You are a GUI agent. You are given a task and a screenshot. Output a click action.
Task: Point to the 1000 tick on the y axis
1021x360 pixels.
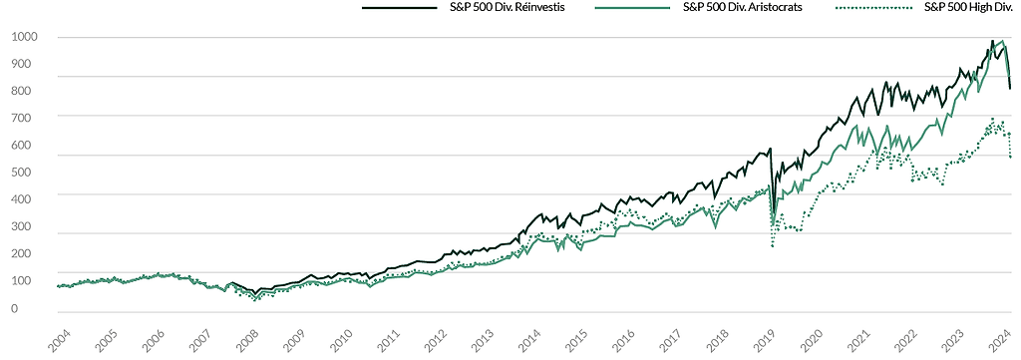tap(25, 37)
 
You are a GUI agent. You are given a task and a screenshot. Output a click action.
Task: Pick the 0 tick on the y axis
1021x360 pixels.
tap(15, 308)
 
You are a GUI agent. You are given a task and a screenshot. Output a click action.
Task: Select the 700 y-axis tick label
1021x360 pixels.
tap(22, 119)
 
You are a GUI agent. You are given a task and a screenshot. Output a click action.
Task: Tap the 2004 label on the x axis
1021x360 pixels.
tap(58, 340)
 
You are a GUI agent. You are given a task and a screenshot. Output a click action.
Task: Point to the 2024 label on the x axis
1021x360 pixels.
tap(1000, 340)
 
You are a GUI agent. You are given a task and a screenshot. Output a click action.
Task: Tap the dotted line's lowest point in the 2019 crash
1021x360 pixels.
tap(773, 246)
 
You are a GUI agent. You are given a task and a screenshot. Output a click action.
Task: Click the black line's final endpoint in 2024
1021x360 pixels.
tap(1010, 89)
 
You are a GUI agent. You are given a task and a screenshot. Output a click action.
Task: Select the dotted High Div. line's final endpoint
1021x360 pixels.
tap(1010, 157)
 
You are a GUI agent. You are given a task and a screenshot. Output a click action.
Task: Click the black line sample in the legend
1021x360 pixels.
tap(399, 8)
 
